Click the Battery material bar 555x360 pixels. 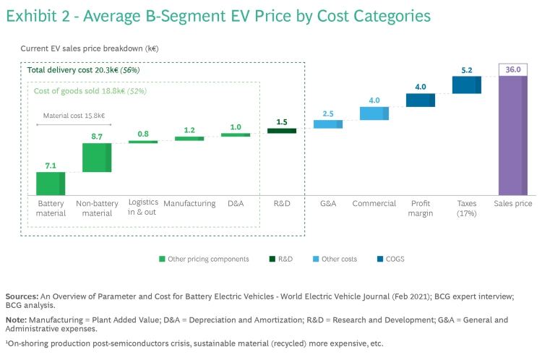click(51, 184)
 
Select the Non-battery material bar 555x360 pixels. click(97, 158)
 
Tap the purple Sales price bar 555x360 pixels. click(512, 135)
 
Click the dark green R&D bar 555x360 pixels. click(282, 131)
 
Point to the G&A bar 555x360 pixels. click(328, 124)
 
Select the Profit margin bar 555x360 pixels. click(420, 100)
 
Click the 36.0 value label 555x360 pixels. click(513, 69)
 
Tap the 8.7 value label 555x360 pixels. click(97, 136)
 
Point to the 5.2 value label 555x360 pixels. click(466, 70)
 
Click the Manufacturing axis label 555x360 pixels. click(189, 204)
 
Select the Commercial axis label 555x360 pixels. click(374, 204)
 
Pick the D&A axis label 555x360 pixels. click(236, 204)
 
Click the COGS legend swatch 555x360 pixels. click(379, 258)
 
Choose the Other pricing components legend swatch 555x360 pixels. click(162, 258)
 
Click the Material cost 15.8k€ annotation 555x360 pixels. click(73, 114)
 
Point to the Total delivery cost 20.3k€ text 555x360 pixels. click(72, 70)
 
